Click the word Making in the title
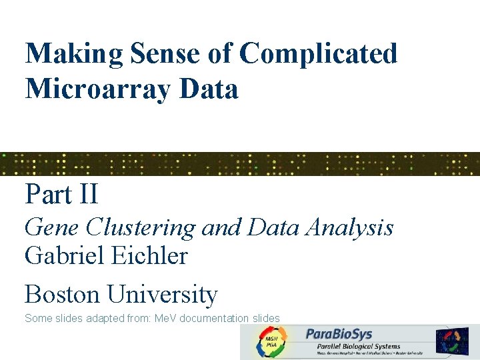65,54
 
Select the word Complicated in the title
318,54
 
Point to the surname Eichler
148,255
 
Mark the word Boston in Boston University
62,294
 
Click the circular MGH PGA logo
271,341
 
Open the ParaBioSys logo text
339,334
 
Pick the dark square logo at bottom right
452,340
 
